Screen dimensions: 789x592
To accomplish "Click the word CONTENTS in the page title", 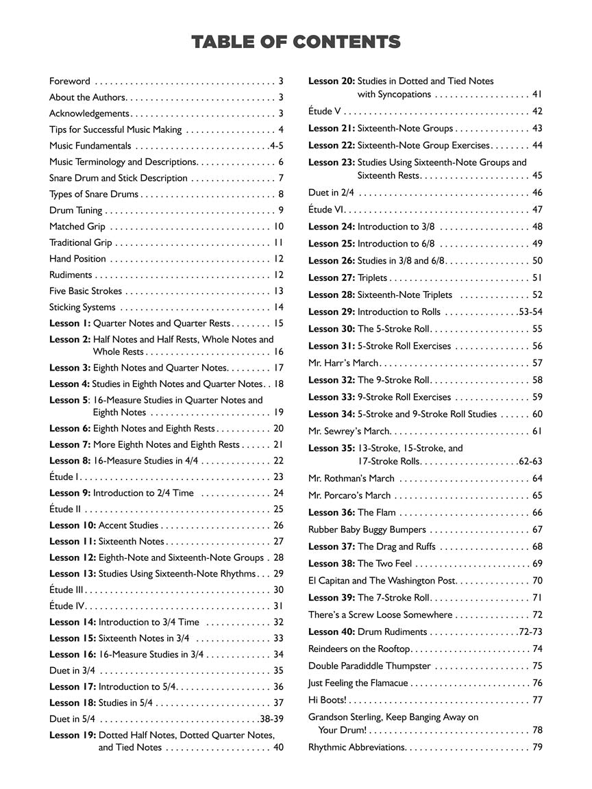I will [346, 42].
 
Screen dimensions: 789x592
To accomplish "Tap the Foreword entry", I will [69, 81].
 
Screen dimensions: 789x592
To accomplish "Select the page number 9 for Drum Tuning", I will [281, 210].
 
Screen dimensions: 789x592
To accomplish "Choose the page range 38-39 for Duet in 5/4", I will [271, 719].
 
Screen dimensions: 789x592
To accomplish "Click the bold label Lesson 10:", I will [73, 525].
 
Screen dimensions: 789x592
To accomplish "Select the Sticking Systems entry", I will [82, 308].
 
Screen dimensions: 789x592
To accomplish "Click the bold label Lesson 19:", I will [73, 735].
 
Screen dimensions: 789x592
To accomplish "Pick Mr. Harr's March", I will [340, 363].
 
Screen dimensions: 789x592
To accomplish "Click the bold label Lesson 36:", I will [332, 512].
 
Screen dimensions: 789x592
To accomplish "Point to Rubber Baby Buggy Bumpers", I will [367, 529].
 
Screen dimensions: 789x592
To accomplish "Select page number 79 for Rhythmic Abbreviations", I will [537, 747].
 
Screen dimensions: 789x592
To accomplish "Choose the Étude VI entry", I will [325, 210].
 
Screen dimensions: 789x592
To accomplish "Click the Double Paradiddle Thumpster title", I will [369, 666].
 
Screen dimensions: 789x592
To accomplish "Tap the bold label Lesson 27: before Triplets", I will [332, 278].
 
